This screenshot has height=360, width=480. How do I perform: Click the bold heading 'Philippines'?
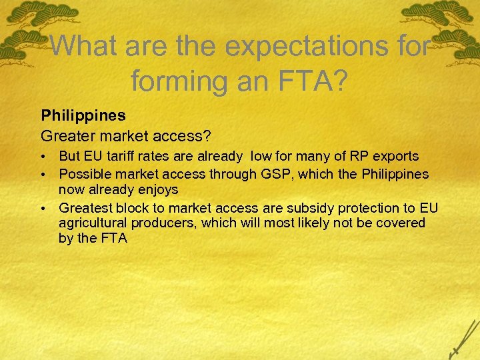(x=83, y=115)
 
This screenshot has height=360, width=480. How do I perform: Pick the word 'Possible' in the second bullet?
(x=83, y=174)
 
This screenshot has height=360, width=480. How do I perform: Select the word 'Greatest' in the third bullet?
(x=85, y=207)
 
